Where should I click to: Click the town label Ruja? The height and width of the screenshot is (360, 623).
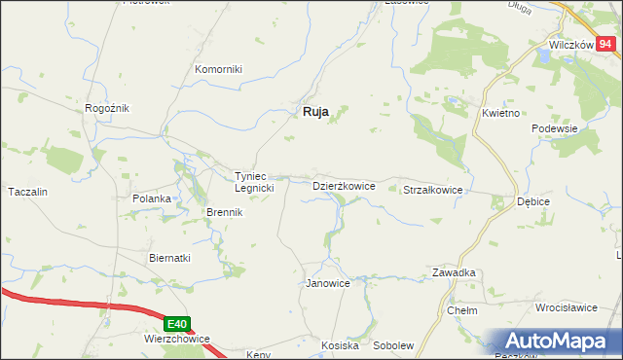pos(311,112)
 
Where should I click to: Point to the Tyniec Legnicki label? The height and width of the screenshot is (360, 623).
pos(256,182)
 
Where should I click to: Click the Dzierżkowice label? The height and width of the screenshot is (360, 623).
pos(344,185)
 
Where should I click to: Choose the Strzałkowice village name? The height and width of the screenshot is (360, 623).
pos(432,191)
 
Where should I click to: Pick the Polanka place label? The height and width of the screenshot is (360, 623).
pos(152,198)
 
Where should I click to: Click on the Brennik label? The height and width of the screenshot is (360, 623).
pos(223,212)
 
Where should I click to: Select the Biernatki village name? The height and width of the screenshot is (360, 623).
pos(169,258)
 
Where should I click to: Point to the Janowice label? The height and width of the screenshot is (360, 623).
pos(328,283)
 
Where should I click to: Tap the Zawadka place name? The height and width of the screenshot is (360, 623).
pos(454,273)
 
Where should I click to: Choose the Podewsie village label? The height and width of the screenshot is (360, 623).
pos(556,128)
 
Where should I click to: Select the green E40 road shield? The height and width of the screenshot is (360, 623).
pos(175,324)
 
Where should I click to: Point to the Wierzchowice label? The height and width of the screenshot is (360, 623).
pos(177,340)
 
